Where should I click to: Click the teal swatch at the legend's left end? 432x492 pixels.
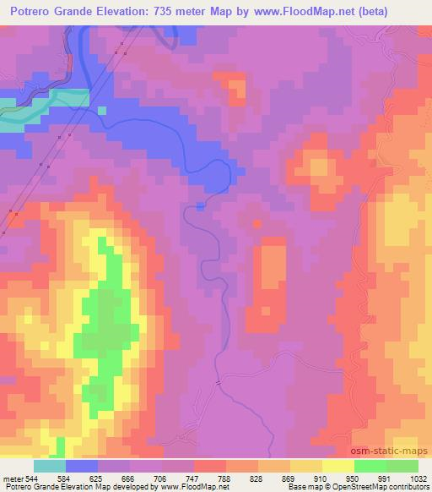coord(49,466)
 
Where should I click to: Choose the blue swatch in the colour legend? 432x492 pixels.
coord(82,466)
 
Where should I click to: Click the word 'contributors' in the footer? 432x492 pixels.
coord(409,486)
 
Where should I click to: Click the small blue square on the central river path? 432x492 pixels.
coord(200,205)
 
